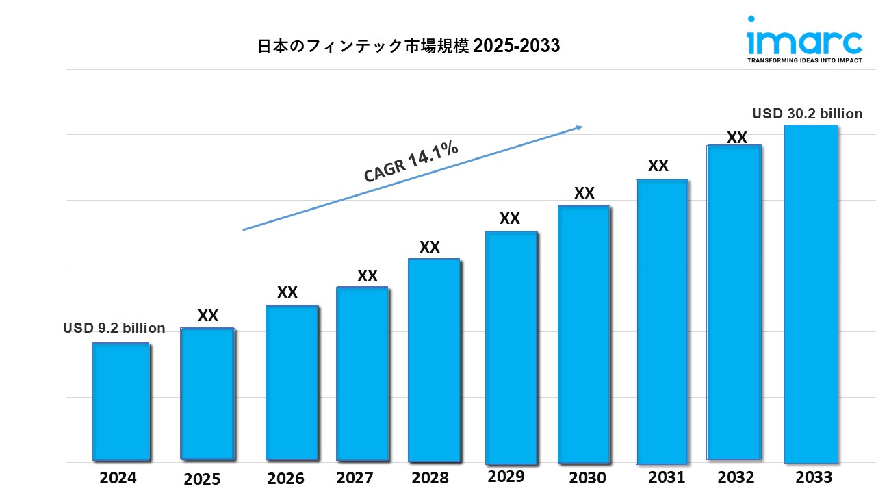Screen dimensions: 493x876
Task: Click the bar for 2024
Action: click(120, 401)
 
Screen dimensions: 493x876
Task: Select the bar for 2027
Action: click(362, 373)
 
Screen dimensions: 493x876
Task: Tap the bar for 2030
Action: click(583, 334)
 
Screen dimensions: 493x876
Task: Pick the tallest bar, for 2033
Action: click(811, 294)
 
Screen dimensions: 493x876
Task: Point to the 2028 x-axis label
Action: click(430, 477)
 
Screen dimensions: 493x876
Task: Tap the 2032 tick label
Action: click(736, 477)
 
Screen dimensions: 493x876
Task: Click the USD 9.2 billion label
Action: click(114, 328)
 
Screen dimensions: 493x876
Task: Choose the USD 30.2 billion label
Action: click(808, 114)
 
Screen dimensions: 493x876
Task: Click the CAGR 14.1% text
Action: click(411, 163)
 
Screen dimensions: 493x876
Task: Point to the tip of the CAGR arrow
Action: click(581, 127)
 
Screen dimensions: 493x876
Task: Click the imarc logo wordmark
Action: click(805, 42)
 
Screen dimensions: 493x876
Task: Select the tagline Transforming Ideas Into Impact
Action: click(804, 60)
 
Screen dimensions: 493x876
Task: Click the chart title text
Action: click(409, 46)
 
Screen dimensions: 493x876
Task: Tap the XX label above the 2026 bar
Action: click(287, 292)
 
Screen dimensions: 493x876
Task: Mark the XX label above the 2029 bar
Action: click(510, 218)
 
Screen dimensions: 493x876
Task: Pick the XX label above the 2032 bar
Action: click(736, 138)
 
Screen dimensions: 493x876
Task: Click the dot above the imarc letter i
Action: click(751, 19)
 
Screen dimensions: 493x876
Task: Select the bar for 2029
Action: click(511, 347)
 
